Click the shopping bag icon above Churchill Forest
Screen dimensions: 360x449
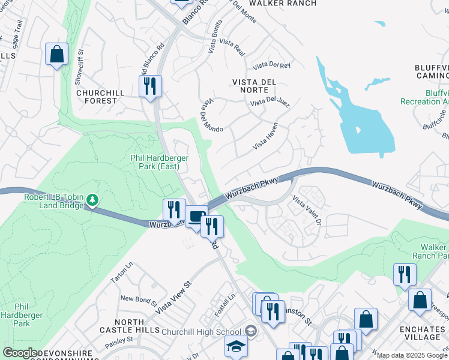click(x=56, y=55)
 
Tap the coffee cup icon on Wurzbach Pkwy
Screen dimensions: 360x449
click(x=196, y=217)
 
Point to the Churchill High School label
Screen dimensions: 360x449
click(x=201, y=331)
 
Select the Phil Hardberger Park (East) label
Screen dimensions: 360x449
click(x=160, y=162)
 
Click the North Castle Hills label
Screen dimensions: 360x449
click(x=129, y=326)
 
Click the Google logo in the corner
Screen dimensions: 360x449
click(x=20, y=353)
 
